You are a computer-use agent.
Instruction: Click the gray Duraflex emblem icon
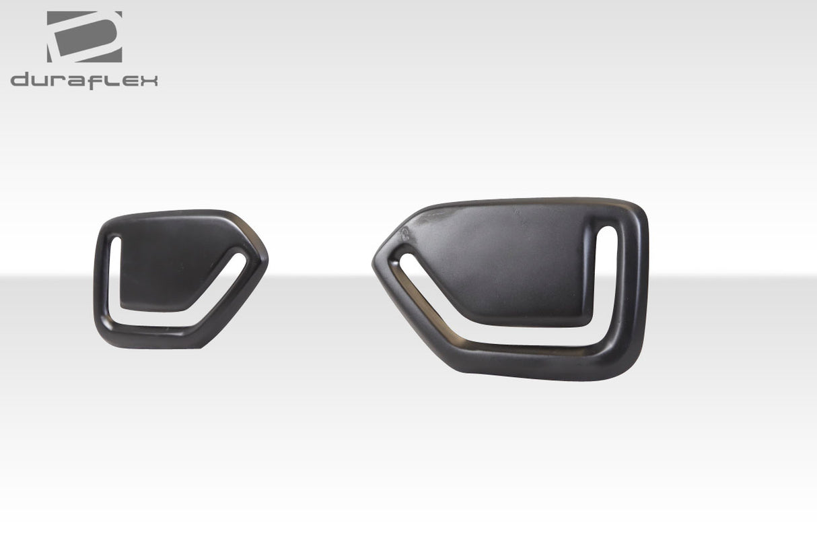pos(84,37)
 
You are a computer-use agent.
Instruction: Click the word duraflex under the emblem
pos(84,81)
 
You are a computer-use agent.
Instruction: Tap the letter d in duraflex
pos(20,81)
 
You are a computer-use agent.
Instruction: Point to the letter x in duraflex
pos(149,81)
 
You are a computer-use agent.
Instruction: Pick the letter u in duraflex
pos(42,81)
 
